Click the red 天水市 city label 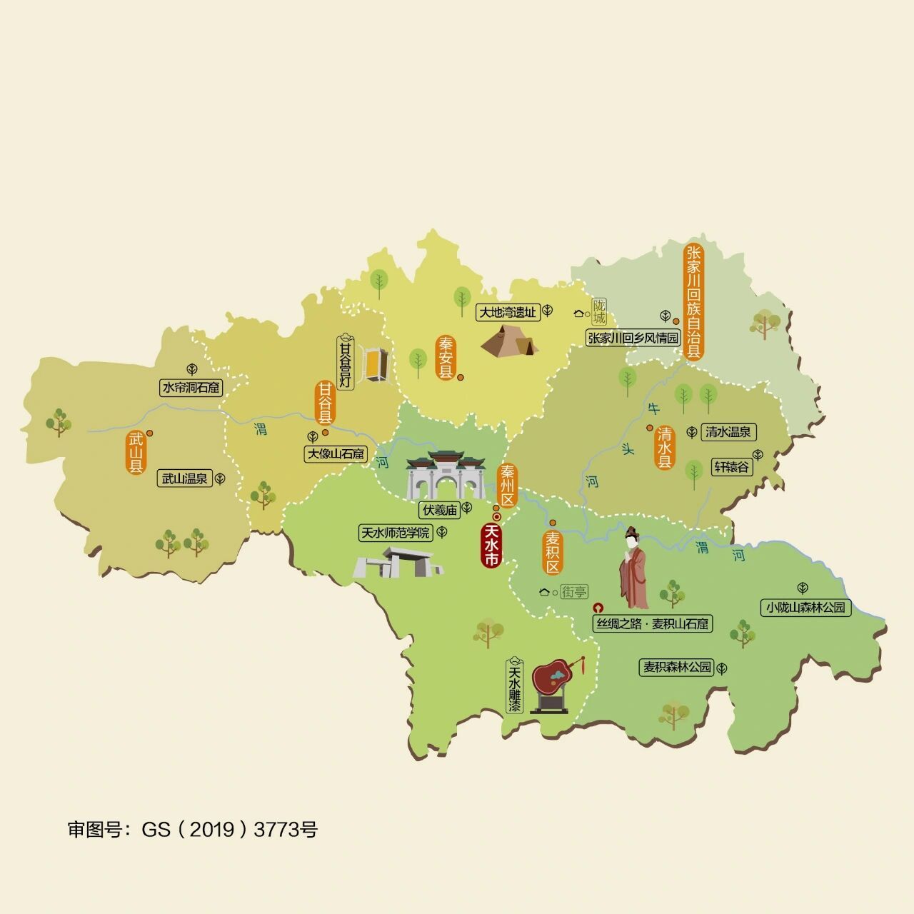click(491, 546)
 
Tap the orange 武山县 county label click(136, 453)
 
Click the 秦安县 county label click(446, 358)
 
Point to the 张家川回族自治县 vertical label click(693, 302)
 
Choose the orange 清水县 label click(665, 448)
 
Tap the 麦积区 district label click(552, 553)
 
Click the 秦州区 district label click(508, 486)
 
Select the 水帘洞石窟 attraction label click(191, 388)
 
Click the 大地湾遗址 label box click(507, 312)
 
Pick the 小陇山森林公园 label click(805, 608)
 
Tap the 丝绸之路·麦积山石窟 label click(653, 623)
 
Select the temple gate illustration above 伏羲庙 click(446, 476)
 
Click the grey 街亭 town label click(574, 592)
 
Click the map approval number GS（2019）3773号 click(193, 829)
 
